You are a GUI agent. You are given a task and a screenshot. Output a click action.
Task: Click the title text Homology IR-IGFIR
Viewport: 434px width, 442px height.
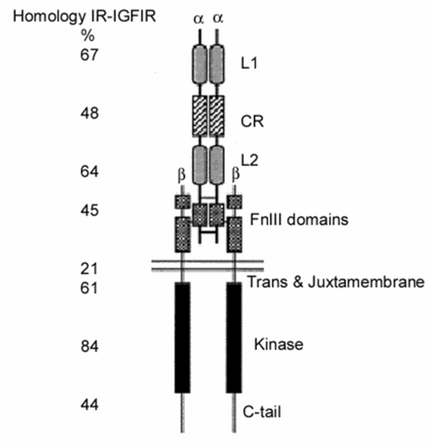pyautogui.click(x=84, y=17)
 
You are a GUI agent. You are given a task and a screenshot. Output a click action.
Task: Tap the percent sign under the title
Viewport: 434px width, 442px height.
pyautogui.click(x=88, y=35)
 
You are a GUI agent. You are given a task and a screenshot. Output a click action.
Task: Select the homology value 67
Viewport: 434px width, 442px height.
pyautogui.click(x=89, y=55)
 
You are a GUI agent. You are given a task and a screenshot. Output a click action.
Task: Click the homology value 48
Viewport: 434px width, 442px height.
pyautogui.click(x=89, y=113)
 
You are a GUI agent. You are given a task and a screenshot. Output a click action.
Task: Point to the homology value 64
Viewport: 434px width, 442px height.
pyautogui.click(x=89, y=171)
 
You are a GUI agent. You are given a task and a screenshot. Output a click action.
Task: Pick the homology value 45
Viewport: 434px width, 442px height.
pyautogui.click(x=89, y=211)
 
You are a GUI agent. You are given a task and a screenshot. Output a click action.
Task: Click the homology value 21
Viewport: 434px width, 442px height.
pyautogui.click(x=89, y=268)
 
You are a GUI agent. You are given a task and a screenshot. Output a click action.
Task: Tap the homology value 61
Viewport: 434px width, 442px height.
pyautogui.click(x=89, y=288)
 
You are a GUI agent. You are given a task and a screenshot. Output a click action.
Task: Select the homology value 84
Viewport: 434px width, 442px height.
pyautogui.click(x=89, y=346)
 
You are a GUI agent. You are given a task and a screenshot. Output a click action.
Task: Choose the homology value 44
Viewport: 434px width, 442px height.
pyautogui.click(x=89, y=405)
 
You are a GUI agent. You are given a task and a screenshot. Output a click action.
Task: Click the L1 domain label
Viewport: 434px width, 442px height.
pyautogui.click(x=249, y=63)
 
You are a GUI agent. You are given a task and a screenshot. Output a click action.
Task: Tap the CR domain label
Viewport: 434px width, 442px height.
pyautogui.click(x=252, y=121)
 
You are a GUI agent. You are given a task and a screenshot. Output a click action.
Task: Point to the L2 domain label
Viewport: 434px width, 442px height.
pyautogui.click(x=250, y=160)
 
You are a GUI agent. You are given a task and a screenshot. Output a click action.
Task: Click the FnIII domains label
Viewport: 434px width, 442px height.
pyautogui.click(x=299, y=219)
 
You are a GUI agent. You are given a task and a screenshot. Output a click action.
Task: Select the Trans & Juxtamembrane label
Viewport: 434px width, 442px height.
pyautogui.click(x=336, y=281)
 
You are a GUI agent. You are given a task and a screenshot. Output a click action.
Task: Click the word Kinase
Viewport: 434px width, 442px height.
pyautogui.click(x=279, y=344)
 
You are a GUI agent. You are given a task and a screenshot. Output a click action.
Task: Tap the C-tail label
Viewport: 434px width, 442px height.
pyautogui.click(x=262, y=411)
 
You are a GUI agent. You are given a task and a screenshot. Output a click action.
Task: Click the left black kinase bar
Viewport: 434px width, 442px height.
pyautogui.click(x=182, y=338)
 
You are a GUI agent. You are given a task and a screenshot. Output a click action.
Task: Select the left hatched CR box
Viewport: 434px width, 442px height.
pyautogui.click(x=200, y=116)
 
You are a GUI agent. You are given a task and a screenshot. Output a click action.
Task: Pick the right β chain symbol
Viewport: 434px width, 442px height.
pyautogui.click(x=235, y=174)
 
